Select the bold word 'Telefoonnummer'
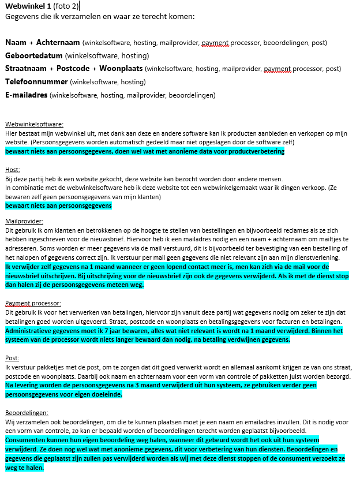[36, 82]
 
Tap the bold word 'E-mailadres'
[27, 95]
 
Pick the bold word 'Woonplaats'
[120, 69]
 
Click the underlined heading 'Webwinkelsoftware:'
[34, 124]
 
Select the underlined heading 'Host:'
[13, 170]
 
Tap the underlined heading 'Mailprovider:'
[24, 221]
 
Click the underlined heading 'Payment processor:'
[33, 303]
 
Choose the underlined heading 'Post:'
[12, 358]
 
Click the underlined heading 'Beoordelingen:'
[27, 413]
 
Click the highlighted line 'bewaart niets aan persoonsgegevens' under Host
[58, 206]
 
